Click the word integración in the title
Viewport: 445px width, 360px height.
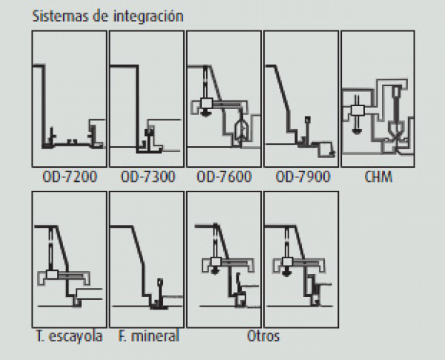click(x=148, y=16)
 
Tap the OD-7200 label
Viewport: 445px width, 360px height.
click(x=70, y=177)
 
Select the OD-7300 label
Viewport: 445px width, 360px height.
click(x=148, y=177)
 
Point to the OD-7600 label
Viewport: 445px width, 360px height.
click(x=224, y=177)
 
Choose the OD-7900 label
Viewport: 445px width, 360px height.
click(x=303, y=177)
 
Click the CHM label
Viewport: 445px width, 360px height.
click(x=378, y=177)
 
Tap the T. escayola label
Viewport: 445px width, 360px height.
click(x=69, y=336)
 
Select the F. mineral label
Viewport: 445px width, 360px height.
click(x=148, y=336)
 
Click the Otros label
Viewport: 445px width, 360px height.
click(x=263, y=336)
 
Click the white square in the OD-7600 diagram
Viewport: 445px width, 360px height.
click(x=206, y=103)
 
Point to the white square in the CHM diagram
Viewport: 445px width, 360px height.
click(x=357, y=110)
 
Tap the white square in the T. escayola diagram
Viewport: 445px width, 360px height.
click(x=52, y=275)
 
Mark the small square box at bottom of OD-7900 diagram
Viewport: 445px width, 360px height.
click(x=325, y=149)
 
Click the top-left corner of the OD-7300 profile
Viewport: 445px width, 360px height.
click(x=110, y=66)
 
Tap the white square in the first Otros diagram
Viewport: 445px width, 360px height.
click(x=215, y=261)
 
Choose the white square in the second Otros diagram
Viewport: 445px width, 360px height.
click(x=287, y=261)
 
